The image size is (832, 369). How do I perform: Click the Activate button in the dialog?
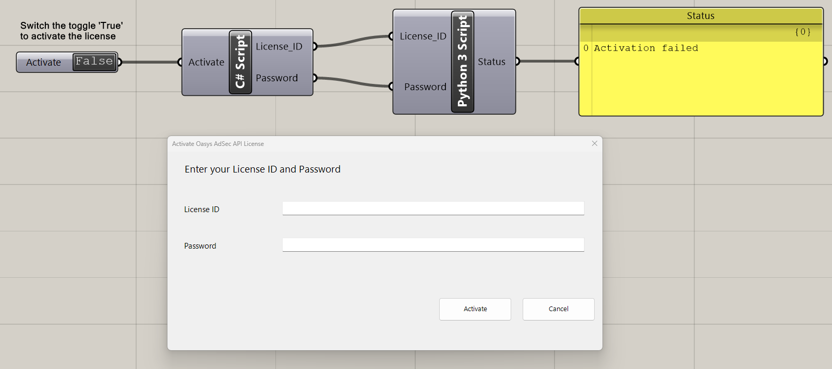click(x=475, y=309)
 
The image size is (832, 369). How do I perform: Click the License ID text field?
click(x=433, y=208)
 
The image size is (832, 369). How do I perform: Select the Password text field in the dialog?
click(x=433, y=244)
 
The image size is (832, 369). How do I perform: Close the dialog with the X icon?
click(x=594, y=143)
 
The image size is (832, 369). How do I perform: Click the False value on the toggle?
click(x=94, y=62)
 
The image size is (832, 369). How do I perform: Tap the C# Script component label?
click(x=240, y=62)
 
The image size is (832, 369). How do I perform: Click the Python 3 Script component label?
click(x=463, y=62)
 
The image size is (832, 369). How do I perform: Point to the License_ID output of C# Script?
click(x=279, y=46)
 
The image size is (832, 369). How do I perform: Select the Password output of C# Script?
click(x=276, y=78)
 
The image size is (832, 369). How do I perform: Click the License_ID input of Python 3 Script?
click(x=423, y=36)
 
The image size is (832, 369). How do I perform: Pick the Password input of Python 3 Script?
click(x=425, y=87)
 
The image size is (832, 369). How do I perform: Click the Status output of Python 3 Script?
click(x=491, y=62)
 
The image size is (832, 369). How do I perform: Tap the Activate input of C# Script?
click(x=206, y=62)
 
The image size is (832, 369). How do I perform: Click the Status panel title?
click(x=701, y=16)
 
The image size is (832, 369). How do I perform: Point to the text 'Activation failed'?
click(x=646, y=48)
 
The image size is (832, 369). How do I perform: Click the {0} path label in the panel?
click(x=803, y=32)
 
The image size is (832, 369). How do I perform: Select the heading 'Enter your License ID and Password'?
click(x=262, y=169)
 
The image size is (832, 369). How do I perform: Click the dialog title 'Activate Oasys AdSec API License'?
click(x=218, y=144)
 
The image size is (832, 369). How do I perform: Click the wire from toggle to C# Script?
click(x=150, y=62)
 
